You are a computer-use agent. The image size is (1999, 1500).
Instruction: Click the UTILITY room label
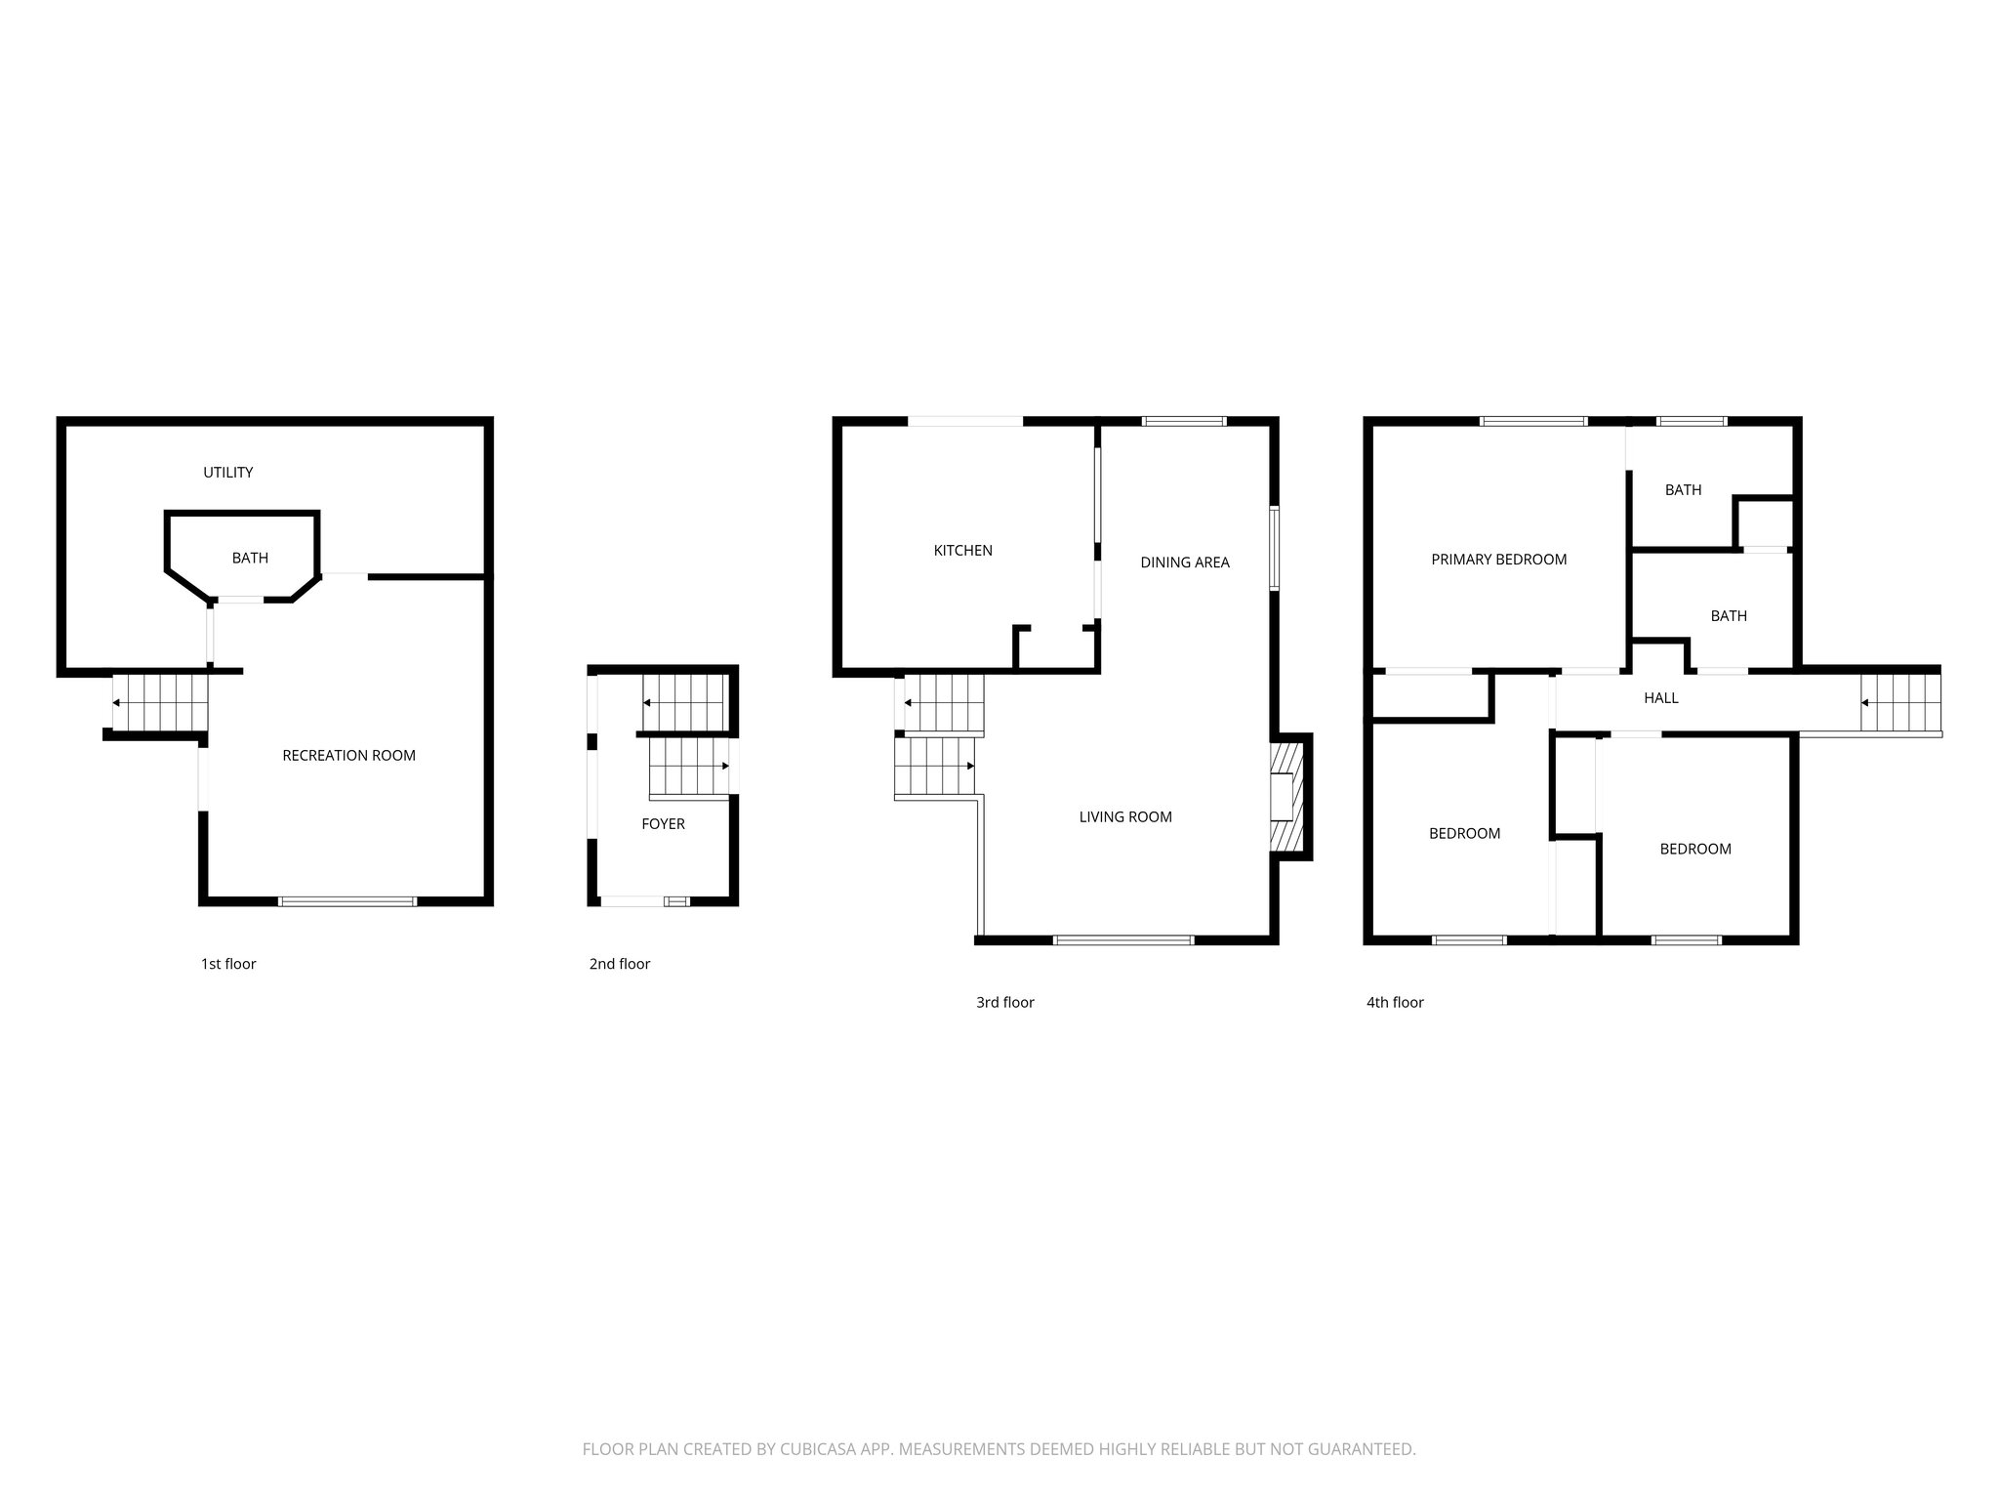pyautogui.click(x=227, y=473)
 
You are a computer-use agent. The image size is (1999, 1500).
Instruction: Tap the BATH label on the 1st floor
pyautogui.click(x=250, y=559)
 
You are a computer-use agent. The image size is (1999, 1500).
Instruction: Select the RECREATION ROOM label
pyautogui.click(x=348, y=756)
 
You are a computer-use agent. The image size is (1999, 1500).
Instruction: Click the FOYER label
pyautogui.click(x=663, y=824)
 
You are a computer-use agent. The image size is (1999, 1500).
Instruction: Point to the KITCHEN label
pyautogui.click(x=962, y=551)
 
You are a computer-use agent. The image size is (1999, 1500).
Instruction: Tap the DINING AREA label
pyautogui.click(x=1184, y=562)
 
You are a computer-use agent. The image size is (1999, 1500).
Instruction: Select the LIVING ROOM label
pyautogui.click(x=1124, y=817)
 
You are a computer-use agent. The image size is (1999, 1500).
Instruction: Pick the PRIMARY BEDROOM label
pyautogui.click(x=1498, y=560)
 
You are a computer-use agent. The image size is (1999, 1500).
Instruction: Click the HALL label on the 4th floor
pyautogui.click(x=1660, y=698)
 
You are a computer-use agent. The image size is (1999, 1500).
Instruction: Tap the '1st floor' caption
pyautogui.click(x=228, y=964)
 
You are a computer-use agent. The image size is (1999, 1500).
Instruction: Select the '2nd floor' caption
pyautogui.click(x=619, y=964)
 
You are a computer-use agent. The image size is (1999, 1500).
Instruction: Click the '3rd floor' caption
pyautogui.click(x=1004, y=1002)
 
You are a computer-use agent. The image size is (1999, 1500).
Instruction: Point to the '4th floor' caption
pyautogui.click(x=1394, y=1002)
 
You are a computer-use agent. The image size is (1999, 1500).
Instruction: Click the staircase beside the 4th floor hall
pyautogui.click(x=1899, y=702)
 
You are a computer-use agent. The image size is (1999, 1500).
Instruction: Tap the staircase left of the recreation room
pyautogui.click(x=161, y=702)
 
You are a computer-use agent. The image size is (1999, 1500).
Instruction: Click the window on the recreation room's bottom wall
pyautogui.click(x=347, y=901)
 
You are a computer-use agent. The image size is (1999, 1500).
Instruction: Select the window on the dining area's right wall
pyautogui.click(x=1274, y=548)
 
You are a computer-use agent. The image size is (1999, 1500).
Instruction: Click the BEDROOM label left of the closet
pyautogui.click(x=1464, y=834)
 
